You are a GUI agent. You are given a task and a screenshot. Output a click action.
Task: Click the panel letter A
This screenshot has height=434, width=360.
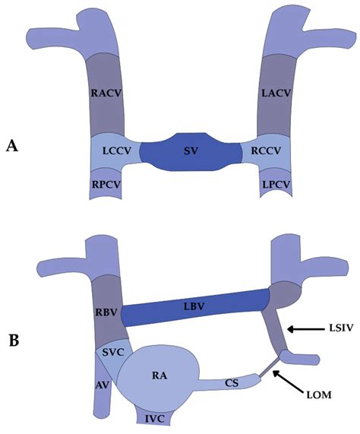[x=12, y=146]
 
